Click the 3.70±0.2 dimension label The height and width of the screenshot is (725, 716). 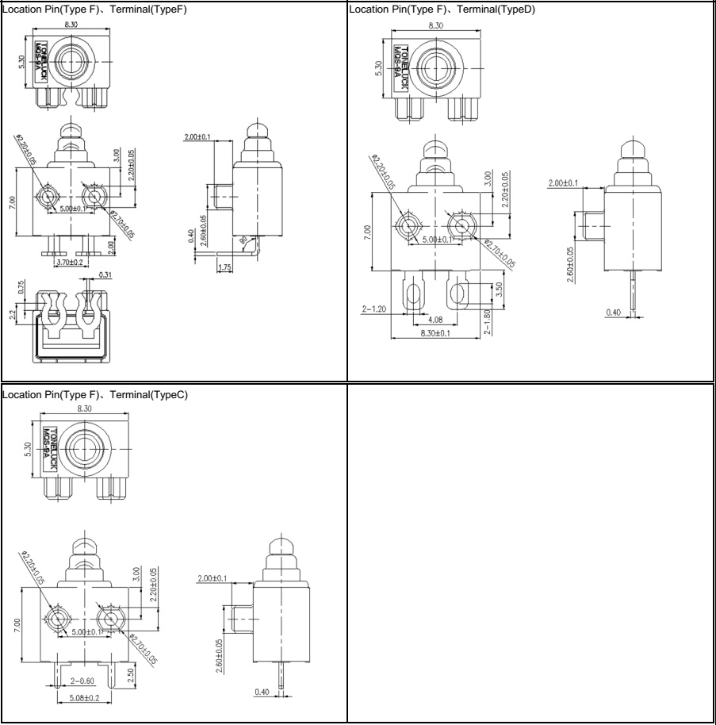point(71,261)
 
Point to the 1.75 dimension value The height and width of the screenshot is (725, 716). point(225,267)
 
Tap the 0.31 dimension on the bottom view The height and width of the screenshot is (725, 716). point(105,276)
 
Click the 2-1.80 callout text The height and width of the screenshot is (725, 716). point(488,323)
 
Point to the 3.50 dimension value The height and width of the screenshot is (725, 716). point(497,290)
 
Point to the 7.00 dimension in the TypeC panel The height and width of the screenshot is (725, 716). point(17,627)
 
